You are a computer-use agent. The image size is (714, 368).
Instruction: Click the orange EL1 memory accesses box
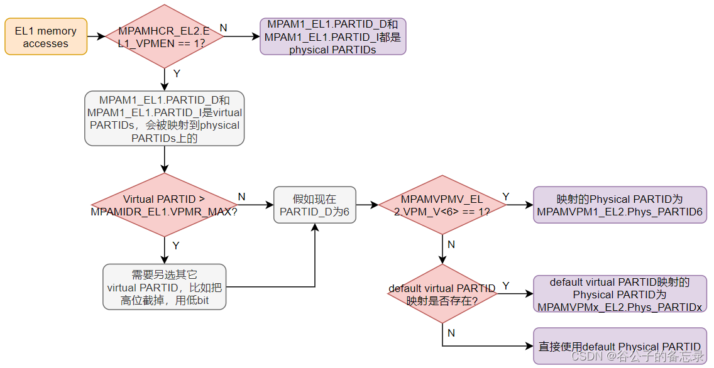click(x=45, y=37)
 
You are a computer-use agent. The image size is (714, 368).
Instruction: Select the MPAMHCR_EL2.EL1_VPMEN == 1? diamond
click(x=163, y=36)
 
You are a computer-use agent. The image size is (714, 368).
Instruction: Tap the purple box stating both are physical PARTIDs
click(x=333, y=36)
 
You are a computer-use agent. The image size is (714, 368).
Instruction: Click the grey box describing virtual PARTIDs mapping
click(x=164, y=119)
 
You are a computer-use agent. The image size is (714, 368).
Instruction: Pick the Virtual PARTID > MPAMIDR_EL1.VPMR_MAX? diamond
click(x=164, y=205)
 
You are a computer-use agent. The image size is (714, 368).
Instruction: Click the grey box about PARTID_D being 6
click(x=314, y=205)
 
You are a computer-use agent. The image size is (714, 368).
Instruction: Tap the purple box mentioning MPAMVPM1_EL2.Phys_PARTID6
click(x=620, y=205)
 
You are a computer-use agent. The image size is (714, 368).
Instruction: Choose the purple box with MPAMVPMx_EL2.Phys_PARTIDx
click(x=620, y=294)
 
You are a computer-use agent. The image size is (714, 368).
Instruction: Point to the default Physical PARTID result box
click(x=620, y=346)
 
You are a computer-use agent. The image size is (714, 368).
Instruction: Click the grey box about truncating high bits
click(x=165, y=287)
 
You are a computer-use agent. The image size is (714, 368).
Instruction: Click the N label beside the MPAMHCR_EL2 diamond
click(x=223, y=28)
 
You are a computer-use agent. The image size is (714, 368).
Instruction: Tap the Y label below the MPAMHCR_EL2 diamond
click(x=177, y=73)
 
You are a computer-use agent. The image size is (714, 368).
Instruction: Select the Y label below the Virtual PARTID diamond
click(x=176, y=246)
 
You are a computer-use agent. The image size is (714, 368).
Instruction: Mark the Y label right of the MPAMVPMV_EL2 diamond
click(x=506, y=197)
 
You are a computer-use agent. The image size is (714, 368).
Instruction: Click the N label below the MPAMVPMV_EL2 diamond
click(x=451, y=244)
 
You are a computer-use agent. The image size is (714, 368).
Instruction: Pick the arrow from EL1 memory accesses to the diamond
click(x=96, y=36)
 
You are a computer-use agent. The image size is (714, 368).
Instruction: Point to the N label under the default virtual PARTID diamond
click(x=451, y=333)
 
